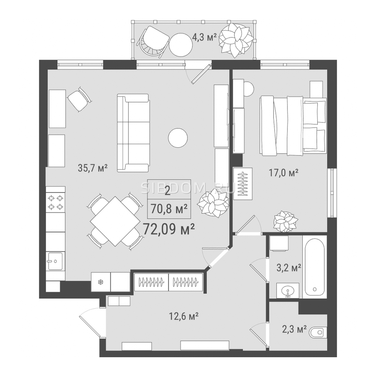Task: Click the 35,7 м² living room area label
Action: point(93,168)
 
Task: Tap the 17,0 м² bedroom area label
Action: point(284,173)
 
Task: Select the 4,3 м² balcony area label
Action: point(204,37)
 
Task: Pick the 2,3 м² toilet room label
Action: point(294,329)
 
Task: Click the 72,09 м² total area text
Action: point(169,229)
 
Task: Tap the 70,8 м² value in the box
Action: point(169,209)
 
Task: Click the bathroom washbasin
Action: point(288,291)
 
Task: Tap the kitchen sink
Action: point(55,261)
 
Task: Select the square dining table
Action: point(115,221)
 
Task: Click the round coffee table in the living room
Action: point(178,138)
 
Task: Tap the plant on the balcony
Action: point(236,40)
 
